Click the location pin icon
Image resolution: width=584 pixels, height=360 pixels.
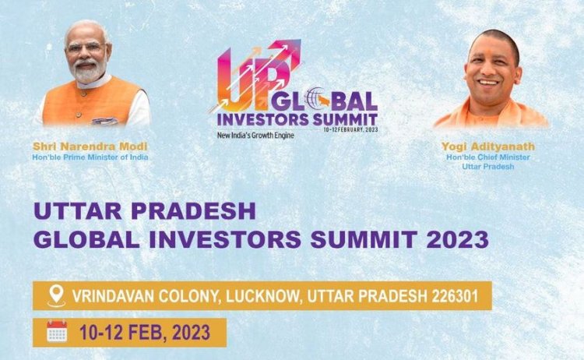click(x=56, y=296)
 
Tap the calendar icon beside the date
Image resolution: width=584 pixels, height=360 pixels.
click(x=57, y=331)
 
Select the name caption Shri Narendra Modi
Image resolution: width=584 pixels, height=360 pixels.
click(x=90, y=146)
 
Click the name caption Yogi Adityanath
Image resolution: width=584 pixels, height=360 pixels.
click(x=488, y=146)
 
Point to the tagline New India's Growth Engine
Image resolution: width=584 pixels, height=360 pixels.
click(x=255, y=135)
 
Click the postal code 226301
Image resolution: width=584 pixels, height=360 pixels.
click(x=455, y=296)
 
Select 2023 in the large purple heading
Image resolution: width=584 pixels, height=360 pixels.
click(x=457, y=239)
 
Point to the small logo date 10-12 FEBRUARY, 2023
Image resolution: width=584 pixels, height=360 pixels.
click(x=351, y=129)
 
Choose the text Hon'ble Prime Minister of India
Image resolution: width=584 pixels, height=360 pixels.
click(x=90, y=157)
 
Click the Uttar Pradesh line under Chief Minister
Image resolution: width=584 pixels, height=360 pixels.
click(x=488, y=167)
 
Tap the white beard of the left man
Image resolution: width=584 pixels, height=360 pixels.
click(x=88, y=72)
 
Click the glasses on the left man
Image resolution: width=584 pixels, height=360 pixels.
click(x=87, y=48)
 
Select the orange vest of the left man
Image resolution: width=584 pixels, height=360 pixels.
click(x=91, y=102)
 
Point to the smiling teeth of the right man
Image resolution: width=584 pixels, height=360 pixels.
click(x=489, y=83)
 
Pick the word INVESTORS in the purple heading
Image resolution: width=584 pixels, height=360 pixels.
click(x=225, y=239)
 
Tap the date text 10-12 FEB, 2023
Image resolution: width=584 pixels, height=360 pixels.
click(x=145, y=332)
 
